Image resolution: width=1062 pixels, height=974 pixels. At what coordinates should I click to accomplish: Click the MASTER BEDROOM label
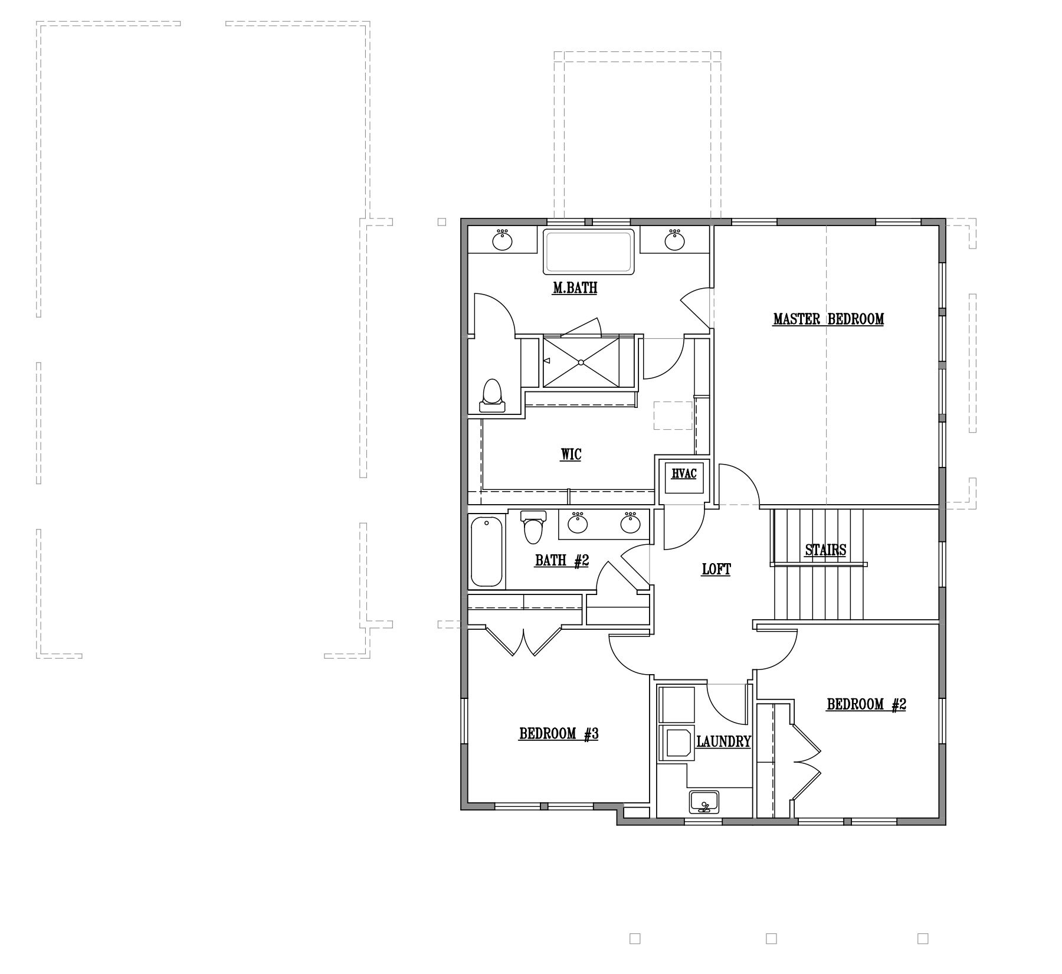pos(828,319)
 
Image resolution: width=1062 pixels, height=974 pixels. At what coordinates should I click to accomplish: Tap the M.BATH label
pos(575,288)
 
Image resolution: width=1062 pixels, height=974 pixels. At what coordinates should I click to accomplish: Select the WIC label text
pos(571,455)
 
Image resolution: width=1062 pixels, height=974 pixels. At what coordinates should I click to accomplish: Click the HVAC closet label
pos(684,473)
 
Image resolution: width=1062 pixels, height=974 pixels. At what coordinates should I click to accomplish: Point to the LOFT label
pos(716,570)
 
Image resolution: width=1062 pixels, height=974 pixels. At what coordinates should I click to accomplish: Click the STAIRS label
pos(825,550)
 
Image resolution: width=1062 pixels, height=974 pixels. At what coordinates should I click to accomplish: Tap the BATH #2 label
pos(562,560)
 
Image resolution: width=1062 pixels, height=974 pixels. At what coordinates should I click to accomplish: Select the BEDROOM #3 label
pos(559,734)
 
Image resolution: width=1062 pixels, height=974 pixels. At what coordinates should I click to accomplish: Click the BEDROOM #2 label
pos(866,704)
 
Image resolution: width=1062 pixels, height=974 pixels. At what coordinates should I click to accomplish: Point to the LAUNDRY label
pos(723,742)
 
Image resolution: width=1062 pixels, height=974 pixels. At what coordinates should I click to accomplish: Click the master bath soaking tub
pos(588,251)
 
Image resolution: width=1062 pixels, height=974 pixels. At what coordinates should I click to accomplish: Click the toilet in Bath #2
pos(533,527)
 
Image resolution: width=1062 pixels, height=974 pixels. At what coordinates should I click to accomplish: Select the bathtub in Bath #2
pos(487,551)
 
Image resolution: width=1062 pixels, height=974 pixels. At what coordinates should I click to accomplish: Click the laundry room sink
pos(704,802)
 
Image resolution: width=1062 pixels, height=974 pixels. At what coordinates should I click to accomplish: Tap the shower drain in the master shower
pos(581,362)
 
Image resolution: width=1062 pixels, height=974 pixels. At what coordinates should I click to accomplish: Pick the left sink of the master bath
pos(502,240)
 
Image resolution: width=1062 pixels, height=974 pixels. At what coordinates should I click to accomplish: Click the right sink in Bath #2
pos(631,522)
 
